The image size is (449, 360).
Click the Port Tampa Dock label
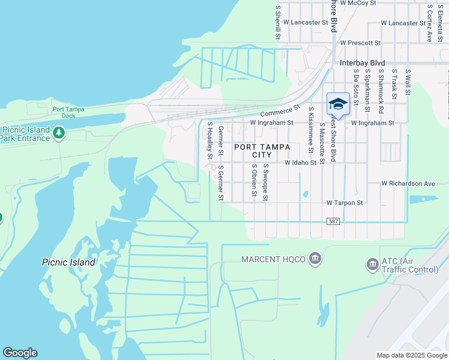[x=68, y=113]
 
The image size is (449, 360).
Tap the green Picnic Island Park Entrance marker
[x=58, y=132]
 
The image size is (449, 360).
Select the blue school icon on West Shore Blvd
[x=338, y=104]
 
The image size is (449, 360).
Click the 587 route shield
[x=334, y=221]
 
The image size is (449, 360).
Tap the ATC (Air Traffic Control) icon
[x=372, y=264]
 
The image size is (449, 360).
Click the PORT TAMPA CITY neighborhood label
[x=262, y=151]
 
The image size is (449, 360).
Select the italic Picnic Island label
[x=68, y=262]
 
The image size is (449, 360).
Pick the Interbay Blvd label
[x=362, y=63]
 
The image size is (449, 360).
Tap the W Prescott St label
[x=360, y=43]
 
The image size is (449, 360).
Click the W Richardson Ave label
[x=408, y=183]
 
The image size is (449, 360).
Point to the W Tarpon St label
[x=345, y=203]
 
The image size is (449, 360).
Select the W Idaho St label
[x=300, y=163]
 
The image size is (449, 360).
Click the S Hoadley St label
[x=209, y=140]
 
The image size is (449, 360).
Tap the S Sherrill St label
[x=278, y=23]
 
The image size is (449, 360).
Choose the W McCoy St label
[x=358, y=3]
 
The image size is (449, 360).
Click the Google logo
[x=20, y=353]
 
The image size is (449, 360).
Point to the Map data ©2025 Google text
[x=412, y=355]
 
